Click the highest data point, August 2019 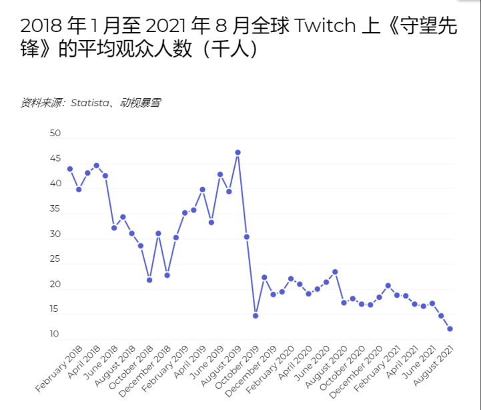(237, 152)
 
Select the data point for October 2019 (256, 315)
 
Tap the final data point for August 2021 (450, 329)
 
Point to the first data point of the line (70, 169)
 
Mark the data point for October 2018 (149, 280)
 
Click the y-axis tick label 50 (55, 134)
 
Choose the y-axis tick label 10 (55, 335)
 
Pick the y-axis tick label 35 (55, 209)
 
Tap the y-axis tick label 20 (55, 284)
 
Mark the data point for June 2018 (114, 228)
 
